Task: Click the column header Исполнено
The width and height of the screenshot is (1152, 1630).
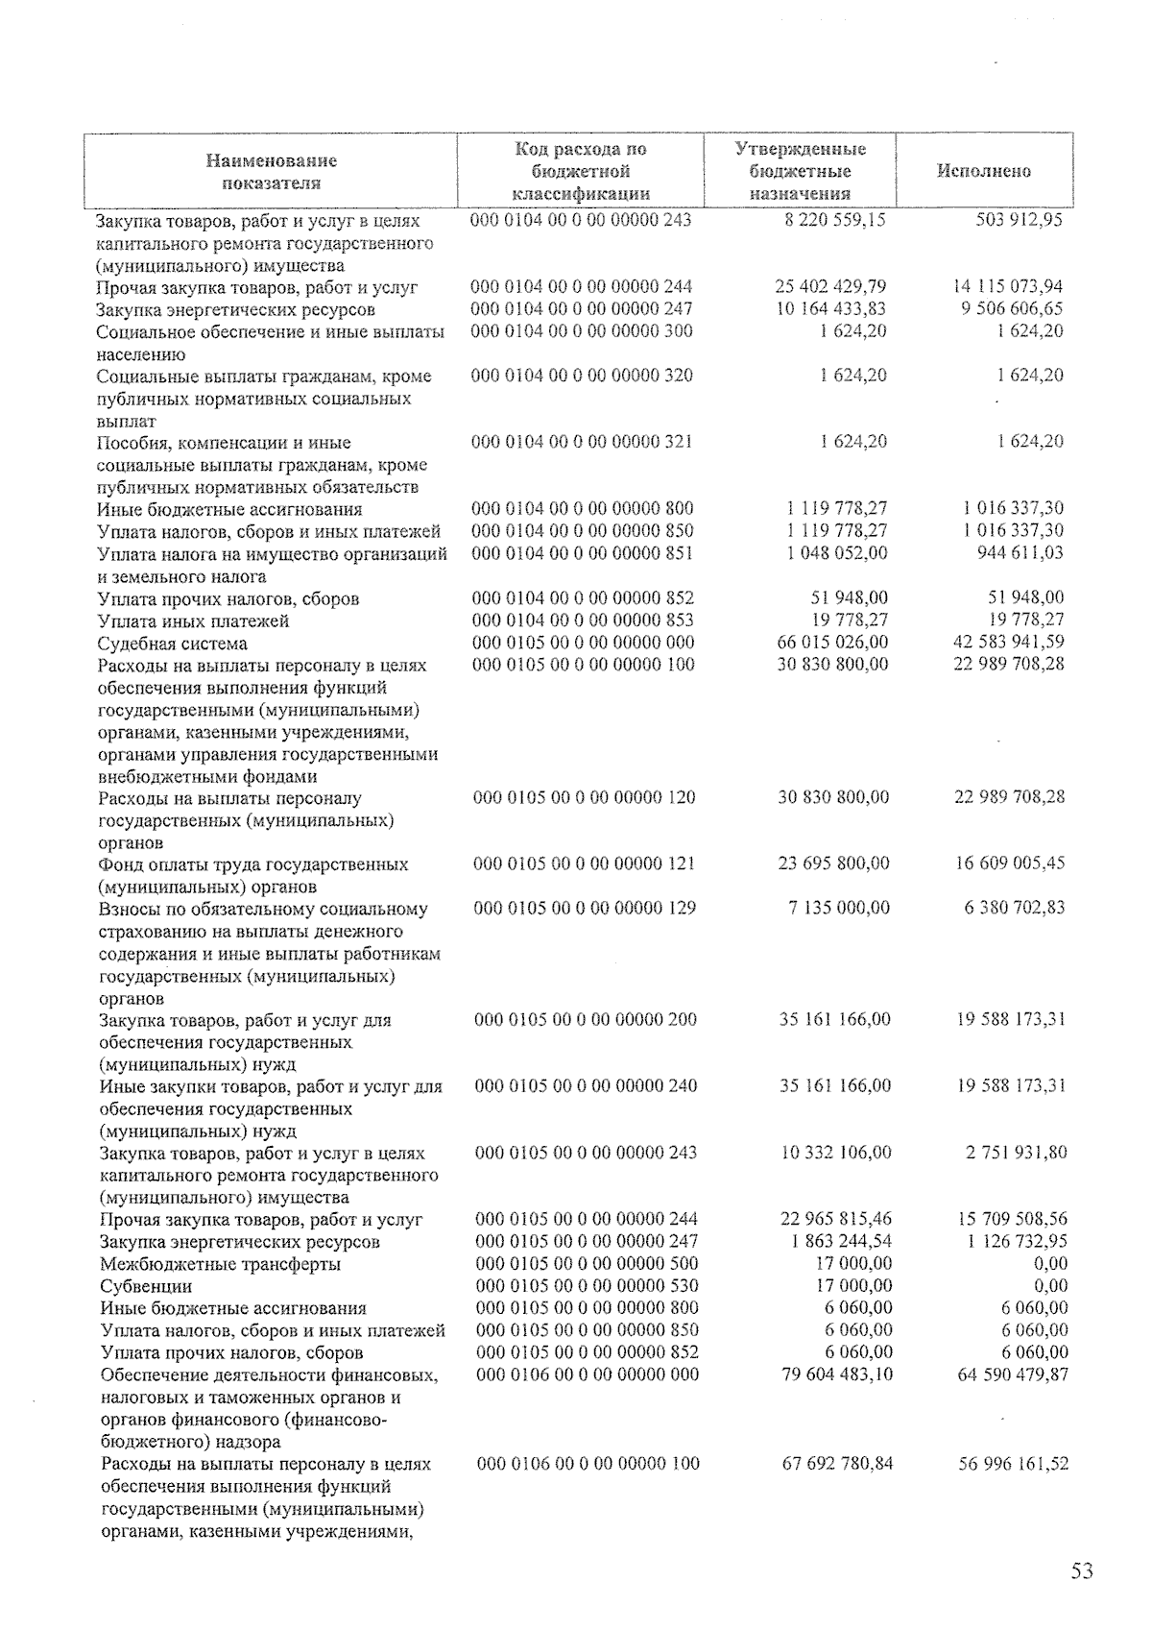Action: pyautogui.click(x=983, y=172)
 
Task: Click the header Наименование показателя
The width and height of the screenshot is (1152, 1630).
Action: pyautogui.click(x=271, y=172)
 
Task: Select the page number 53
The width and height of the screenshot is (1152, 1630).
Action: pyautogui.click(x=1082, y=1571)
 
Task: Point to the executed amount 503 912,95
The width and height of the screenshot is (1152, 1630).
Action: pyautogui.click(x=1015, y=220)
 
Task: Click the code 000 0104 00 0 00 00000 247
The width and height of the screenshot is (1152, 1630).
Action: pyautogui.click(x=582, y=309)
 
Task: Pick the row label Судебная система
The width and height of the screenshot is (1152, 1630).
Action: pyautogui.click(x=173, y=644)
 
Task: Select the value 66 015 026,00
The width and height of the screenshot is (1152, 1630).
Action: pyautogui.click(x=832, y=642)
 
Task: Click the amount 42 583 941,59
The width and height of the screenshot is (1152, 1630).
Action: pyautogui.click(x=1009, y=642)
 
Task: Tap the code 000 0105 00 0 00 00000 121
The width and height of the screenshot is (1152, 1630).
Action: pyautogui.click(x=585, y=864)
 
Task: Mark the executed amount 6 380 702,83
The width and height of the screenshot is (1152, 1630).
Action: pyautogui.click(x=1015, y=908)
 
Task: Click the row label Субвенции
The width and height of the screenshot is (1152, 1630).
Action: pyautogui.click(x=146, y=1286)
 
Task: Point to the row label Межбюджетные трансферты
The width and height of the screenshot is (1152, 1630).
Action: pyautogui.click(x=220, y=1264)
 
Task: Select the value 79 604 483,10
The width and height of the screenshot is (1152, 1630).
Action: pyautogui.click(x=834, y=1375)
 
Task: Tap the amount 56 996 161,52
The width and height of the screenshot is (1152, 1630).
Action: pyautogui.click(x=1014, y=1464)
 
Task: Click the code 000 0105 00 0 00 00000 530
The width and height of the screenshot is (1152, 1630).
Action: pyautogui.click(x=587, y=1286)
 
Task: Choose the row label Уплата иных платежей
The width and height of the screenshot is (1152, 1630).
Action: pyautogui.click(x=193, y=621)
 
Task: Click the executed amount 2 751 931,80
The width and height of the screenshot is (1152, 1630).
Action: pyautogui.click(x=1016, y=1153)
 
